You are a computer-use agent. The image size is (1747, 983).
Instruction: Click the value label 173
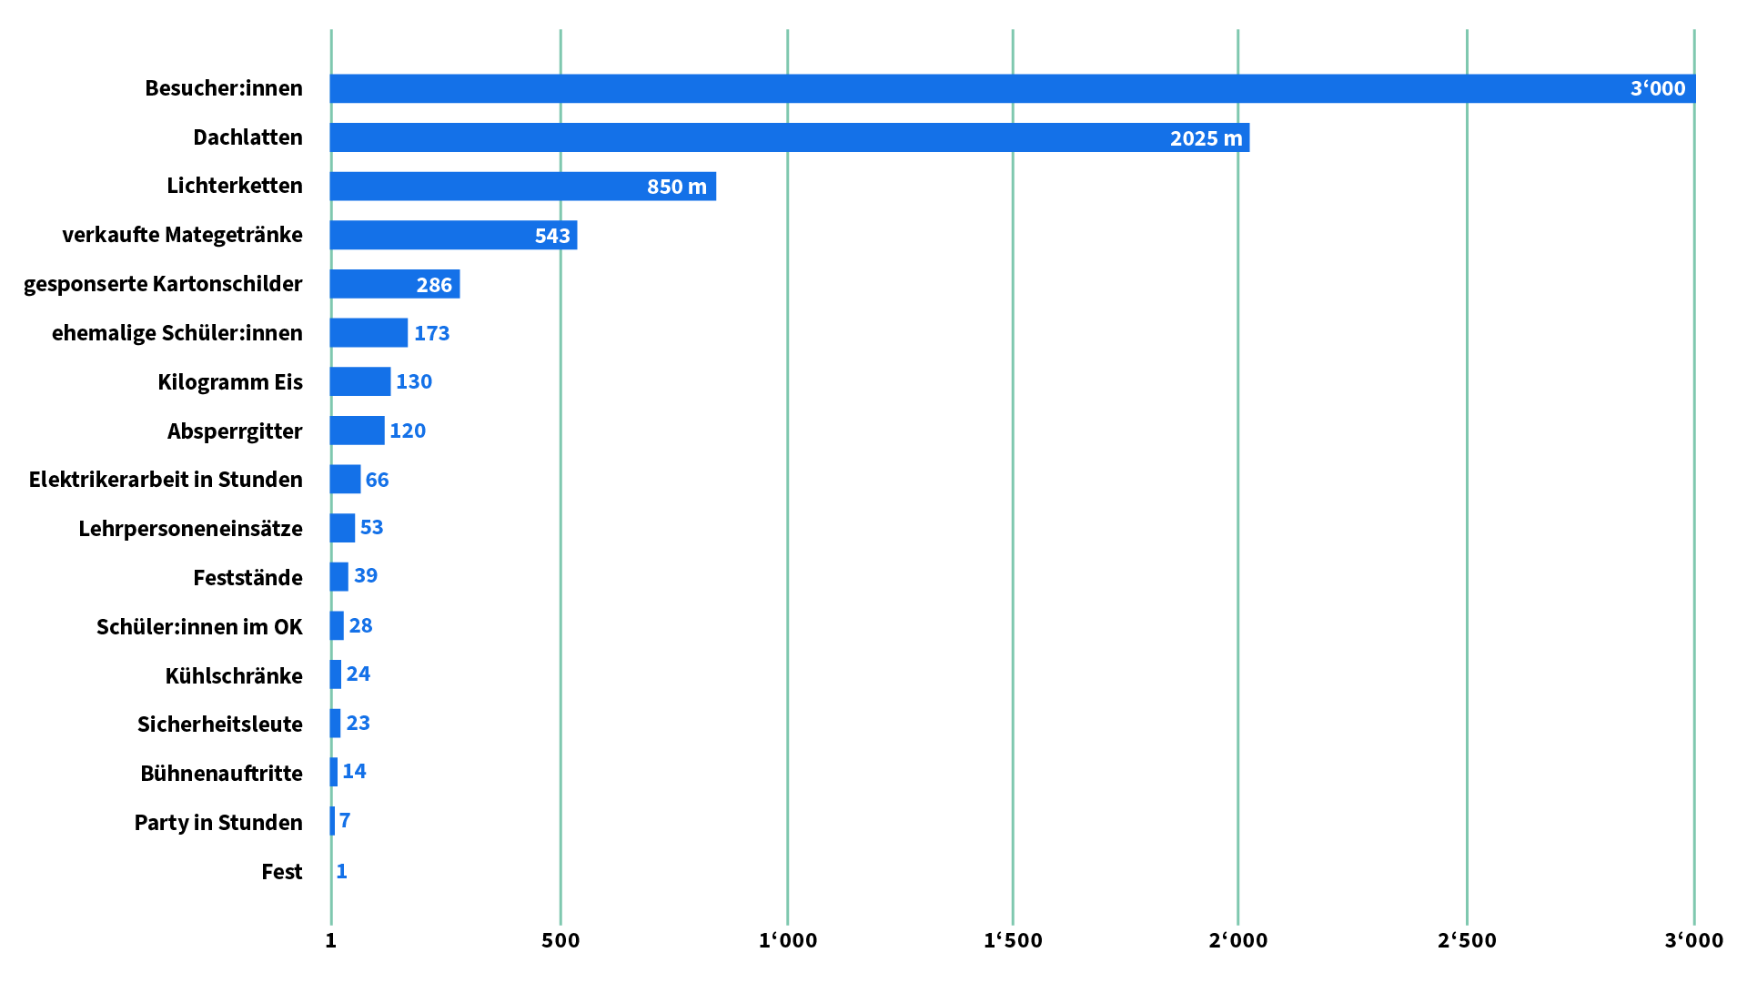click(431, 333)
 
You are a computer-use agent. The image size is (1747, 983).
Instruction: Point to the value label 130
click(413, 381)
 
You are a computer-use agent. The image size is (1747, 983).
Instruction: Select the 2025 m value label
click(1206, 138)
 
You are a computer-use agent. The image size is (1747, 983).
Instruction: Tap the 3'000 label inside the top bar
click(1657, 88)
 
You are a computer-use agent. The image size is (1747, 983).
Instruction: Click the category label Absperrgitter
click(235, 431)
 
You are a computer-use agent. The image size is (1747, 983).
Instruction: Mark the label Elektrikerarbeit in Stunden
click(166, 480)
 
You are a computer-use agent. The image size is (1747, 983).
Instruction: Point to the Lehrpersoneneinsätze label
click(190, 529)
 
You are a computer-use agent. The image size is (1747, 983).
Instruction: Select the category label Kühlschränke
click(234, 676)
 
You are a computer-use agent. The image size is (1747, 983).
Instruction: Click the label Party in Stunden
click(218, 823)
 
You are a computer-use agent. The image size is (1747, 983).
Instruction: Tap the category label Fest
click(282, 872)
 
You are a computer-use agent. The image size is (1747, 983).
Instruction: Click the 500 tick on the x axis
click(560, 940)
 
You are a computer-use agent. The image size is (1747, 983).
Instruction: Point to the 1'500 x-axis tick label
click(1013, 940)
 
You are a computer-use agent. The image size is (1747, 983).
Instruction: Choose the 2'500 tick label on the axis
click(1467, 940)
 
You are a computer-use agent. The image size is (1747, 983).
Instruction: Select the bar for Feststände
click(339, 577)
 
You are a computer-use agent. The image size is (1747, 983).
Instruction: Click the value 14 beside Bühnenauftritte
click(354, 772)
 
